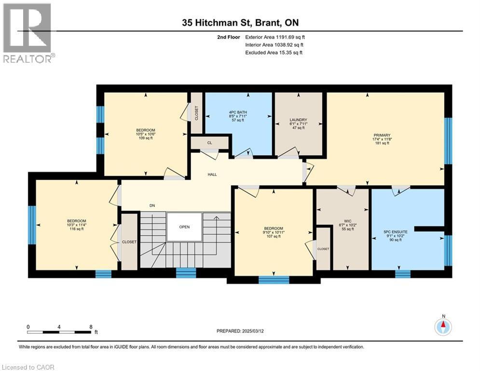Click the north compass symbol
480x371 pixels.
pyautogui.click(x=442, y=327)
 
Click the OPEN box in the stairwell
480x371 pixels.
pyautogui.click(x=184, y=227)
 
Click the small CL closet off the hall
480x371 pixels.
pyautogui.click(x=209, y=143)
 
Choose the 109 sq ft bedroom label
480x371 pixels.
pyautogui.click(x=145, y=134)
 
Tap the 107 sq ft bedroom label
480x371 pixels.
pyautogui.click(x=273, y=232)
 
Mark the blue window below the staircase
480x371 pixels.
pyautogui.click(x=186, y=273)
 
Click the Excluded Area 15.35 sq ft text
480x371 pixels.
pyautogui.click(x=274, y=53)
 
